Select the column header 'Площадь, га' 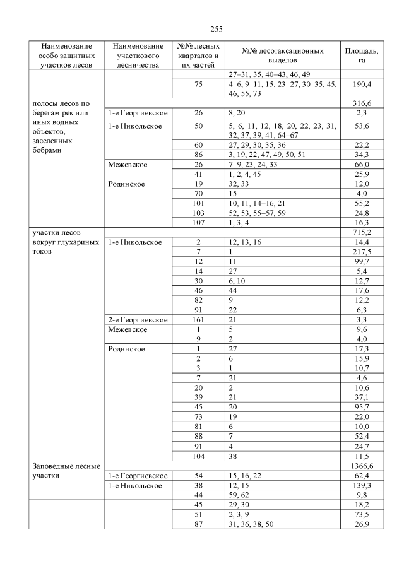coord(361,56)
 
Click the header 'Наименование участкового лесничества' coord(135,56)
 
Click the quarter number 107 coord(198,223)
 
